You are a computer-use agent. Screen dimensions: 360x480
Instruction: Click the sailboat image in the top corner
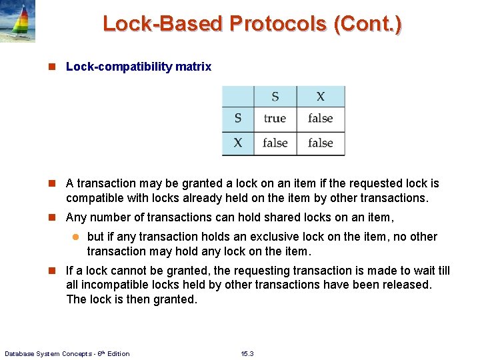18,21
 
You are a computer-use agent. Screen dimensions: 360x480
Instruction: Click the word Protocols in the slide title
279,24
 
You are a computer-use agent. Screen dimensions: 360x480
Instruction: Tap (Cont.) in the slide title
369,24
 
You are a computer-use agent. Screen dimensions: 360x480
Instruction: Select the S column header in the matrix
275,97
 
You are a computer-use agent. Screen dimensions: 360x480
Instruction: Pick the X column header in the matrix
321,97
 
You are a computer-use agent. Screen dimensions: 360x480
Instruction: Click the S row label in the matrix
238,119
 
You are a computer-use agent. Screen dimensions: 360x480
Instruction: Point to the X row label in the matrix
238,143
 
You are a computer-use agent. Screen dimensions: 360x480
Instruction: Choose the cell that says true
275,119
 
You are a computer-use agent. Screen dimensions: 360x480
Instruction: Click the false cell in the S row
321,119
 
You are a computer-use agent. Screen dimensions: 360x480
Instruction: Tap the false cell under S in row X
275,143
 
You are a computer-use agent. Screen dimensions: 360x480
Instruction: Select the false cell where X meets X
321,143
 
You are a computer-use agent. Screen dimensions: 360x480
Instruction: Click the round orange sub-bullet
75,237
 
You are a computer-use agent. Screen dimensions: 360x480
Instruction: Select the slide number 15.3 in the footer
247,353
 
